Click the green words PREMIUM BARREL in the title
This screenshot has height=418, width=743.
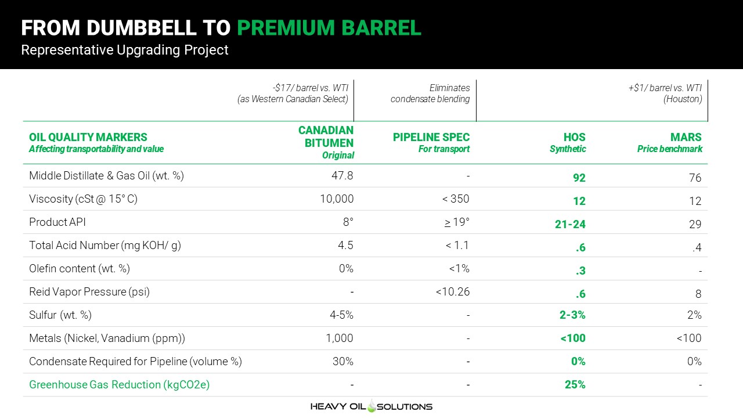click(329, 27)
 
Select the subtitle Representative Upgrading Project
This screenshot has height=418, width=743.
click(125, 50)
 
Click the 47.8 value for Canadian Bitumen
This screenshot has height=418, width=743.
click(342, 175)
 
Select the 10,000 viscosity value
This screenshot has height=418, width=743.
click(337, 199)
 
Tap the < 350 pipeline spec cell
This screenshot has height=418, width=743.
click(456, 199)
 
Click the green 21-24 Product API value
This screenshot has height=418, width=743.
click(570, 224)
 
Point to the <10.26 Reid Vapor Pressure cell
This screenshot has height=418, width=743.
click(453, 291)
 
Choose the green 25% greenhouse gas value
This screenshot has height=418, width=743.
click(575, 384)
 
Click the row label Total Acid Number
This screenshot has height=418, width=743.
click(74, 245)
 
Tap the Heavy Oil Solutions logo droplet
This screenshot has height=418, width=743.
click(371, 406)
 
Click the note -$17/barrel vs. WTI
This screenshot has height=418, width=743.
click(311, 88)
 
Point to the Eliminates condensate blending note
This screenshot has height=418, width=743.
click(430, 93)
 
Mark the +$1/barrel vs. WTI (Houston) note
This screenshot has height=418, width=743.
click(665, 93)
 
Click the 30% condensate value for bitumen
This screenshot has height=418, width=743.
click(343, 361)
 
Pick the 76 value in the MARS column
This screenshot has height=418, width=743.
click(695, 178)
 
